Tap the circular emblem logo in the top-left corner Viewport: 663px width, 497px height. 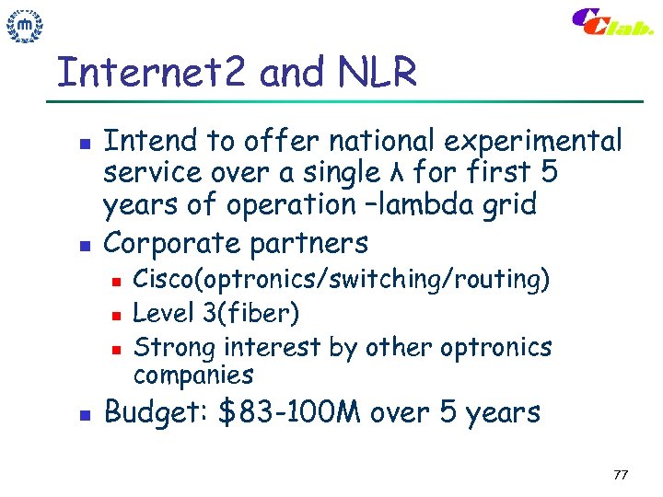(x=26, y=28)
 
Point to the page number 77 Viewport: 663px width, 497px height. (x=620, y=475)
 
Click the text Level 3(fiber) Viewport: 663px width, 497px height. (x=216, y=314)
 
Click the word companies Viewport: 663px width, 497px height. (x=192, y=375)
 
